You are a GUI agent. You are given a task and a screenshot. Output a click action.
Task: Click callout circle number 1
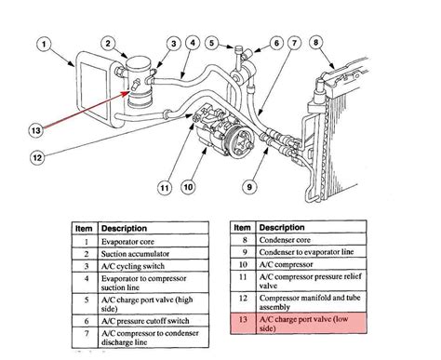[44, 45]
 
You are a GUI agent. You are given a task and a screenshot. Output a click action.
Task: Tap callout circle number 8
[316, 42]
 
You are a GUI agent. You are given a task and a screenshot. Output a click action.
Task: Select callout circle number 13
[36, 130]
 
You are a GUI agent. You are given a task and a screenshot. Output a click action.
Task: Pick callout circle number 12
[37, 157]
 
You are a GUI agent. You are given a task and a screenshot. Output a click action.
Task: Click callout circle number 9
[249, 187]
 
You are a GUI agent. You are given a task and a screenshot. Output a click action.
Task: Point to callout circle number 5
[212, 43]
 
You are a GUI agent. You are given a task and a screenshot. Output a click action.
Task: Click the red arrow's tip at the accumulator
[129, 91]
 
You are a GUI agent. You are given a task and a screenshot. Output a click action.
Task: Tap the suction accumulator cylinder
[139, 82]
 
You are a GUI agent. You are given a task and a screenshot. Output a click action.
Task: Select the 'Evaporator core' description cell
[154, 241]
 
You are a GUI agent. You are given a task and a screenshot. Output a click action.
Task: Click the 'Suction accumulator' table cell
[154, 253]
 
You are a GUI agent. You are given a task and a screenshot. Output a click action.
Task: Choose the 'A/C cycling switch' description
[154, 266]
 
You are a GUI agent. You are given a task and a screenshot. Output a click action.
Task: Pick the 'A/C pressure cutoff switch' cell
[154, 321]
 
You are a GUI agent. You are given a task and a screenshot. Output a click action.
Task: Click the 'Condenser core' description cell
[311, 240]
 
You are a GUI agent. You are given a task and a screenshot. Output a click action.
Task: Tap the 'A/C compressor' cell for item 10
[311, 264]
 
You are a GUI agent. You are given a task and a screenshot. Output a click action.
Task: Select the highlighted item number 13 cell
[243, 324]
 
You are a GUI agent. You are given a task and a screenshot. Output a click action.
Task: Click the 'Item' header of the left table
[85, 228]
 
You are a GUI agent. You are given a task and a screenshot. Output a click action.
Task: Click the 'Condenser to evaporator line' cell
[311, 252]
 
